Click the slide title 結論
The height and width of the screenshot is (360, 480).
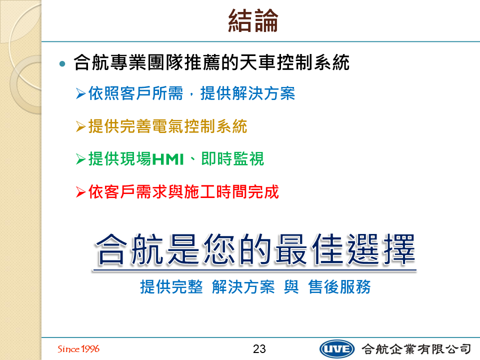(x=253, y=20)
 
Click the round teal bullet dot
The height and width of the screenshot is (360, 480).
(x=62, y=63)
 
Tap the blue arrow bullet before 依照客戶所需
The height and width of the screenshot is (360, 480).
(x=81, y=93)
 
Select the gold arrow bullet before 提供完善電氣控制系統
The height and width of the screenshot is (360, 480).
(x=81, y=126)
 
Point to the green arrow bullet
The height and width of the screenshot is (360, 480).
(x=81, y=159)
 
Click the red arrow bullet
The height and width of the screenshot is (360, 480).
(x=81, y=192)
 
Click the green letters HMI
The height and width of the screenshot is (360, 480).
(x=168, y=159)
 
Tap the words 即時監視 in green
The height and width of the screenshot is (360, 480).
(x=232, y=159)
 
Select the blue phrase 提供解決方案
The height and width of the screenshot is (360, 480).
(x=247, y=93)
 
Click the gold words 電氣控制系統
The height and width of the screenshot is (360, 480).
(x=199, y=126)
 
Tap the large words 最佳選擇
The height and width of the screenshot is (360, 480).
(x=345, y=249)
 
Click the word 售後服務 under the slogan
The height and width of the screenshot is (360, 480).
(x=339, y=287)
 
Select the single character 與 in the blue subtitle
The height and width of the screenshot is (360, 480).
(x=291, y=287)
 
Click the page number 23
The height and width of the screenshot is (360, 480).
(x=259, y=348)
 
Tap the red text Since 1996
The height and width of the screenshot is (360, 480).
(x=78, y=348)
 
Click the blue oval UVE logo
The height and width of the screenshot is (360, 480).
(x=336, y=349)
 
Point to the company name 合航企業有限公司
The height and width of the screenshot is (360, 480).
(x=416, y=348)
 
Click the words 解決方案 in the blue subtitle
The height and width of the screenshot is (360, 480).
(x=243, y=287)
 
